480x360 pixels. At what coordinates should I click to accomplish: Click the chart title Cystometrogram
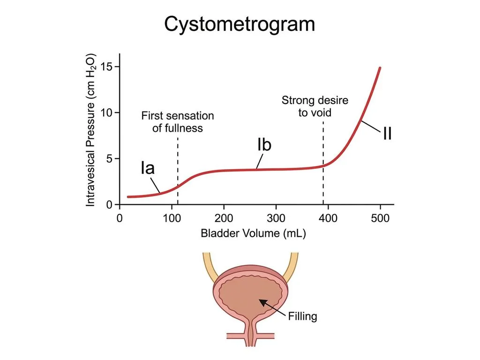pyautogui.click(x=240, y=24)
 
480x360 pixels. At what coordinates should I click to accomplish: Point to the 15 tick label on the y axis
pyautogui.click(x=106, y=67)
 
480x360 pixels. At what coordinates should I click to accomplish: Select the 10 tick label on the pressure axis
pyautogui.click(x=106, y=112)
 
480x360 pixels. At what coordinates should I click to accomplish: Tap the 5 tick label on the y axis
pyautogui.click(x=109, y=158)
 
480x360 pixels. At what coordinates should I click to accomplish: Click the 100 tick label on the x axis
pyautogui.click(x=172, y=218)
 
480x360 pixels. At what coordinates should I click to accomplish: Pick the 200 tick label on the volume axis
pyautogui.click(x=224, y=218)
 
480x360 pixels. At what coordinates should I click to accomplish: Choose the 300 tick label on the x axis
pyautogui.click(x=276, y=218)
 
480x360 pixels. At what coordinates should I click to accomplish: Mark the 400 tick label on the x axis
pyautogui.click(x=328, y=218)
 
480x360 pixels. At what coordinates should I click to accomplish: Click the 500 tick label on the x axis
pyautogui.click(x=380, y=218)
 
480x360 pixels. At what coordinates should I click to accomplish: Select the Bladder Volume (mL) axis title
pyautogui.click(x=253, y=233)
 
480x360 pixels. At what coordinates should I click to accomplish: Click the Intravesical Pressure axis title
pyautogui.click(x=90, y=130)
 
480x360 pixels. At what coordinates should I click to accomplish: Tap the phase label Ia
pyautogui.click(x=148, y=168)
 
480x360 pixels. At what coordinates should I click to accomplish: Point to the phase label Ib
pyautogui.click(x=264, y=144)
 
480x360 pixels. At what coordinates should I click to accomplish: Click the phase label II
pyautogui.click(x=387, y=133)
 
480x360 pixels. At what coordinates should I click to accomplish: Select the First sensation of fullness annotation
pyautogui.click(x=178, y=122)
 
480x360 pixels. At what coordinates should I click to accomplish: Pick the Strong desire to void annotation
pyautogui.click(x=315, y=106)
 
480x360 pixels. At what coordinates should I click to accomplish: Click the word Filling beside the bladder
pyautogui.click(x=302, y=316)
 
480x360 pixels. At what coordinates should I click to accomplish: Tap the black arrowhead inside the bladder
pyautogui.click(x=263, y=302)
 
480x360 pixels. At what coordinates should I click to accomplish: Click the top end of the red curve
pyautogui.click(x=380, y=67)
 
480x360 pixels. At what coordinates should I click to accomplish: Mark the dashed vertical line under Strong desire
pyautogui.click(x=323, y=163)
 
